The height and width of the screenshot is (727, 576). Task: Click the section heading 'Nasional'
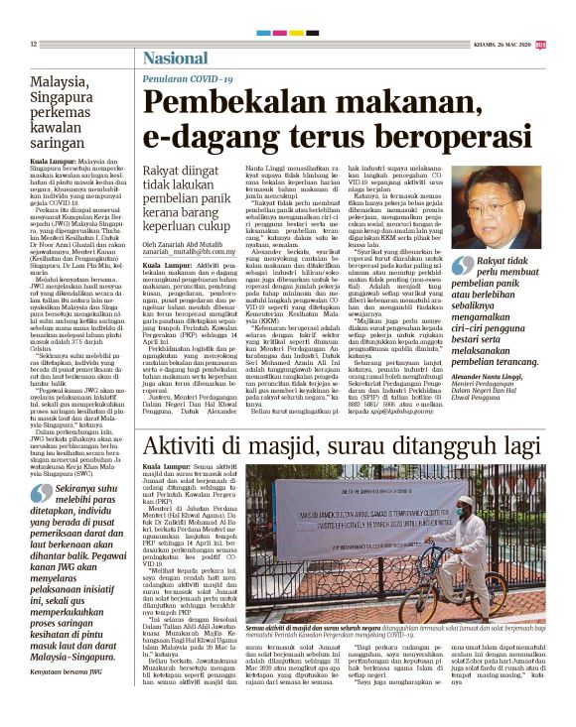[x=175, y=58]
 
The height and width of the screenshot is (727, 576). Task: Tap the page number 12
[x=33, y=45]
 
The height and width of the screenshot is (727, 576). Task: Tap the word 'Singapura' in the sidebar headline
[x=69, y=99]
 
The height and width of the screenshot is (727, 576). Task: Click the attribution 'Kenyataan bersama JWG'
[x=69, y=699]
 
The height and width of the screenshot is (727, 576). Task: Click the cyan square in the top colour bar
[x=264, y=33]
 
